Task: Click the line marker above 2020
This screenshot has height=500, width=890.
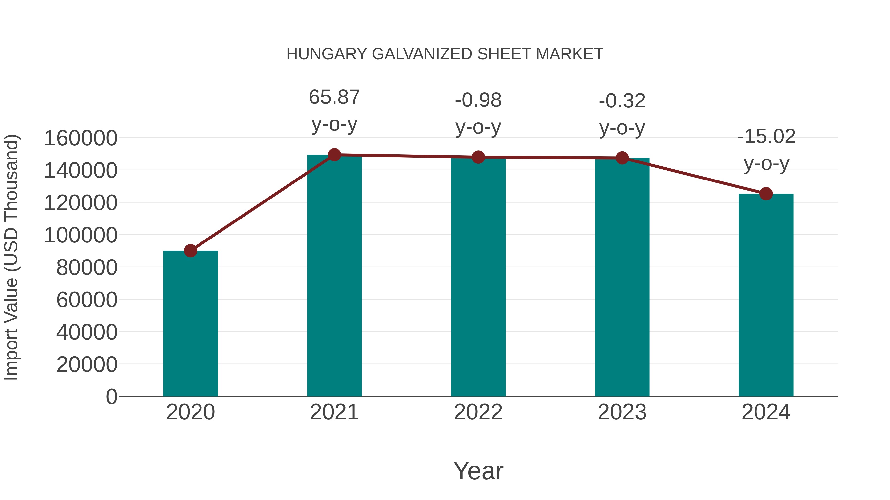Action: pyautogui.click(x=190, y=251)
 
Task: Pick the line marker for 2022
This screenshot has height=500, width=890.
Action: pyautogui.click(x=478, y=157)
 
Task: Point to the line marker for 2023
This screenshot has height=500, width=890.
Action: pyautogui.click(x=622, y=158)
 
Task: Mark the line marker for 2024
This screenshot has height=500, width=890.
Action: pyautogui.click(x=766, y=194)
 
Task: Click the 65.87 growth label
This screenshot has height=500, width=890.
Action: pyautogui.click(x=334, y=97)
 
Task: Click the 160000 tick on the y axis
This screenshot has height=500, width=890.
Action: pyautogui.click(x=81, y=138)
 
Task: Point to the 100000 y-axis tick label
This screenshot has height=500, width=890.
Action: pyautogui.click(x=81, y=235)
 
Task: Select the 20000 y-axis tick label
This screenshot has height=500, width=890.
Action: pyautogui.click(x=87, y=364)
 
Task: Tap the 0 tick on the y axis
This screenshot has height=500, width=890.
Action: pyautogui.click(x=111, y=397)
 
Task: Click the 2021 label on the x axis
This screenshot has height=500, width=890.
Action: pyautogui.click(x=334, y=412)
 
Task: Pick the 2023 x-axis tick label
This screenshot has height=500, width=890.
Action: pyautogui.click(x=622, y=412)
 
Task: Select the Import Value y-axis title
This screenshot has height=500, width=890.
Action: pyautogui.click(x=11, y=257)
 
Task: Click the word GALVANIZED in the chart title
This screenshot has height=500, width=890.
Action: pyautogui.click(x=422, y=54)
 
